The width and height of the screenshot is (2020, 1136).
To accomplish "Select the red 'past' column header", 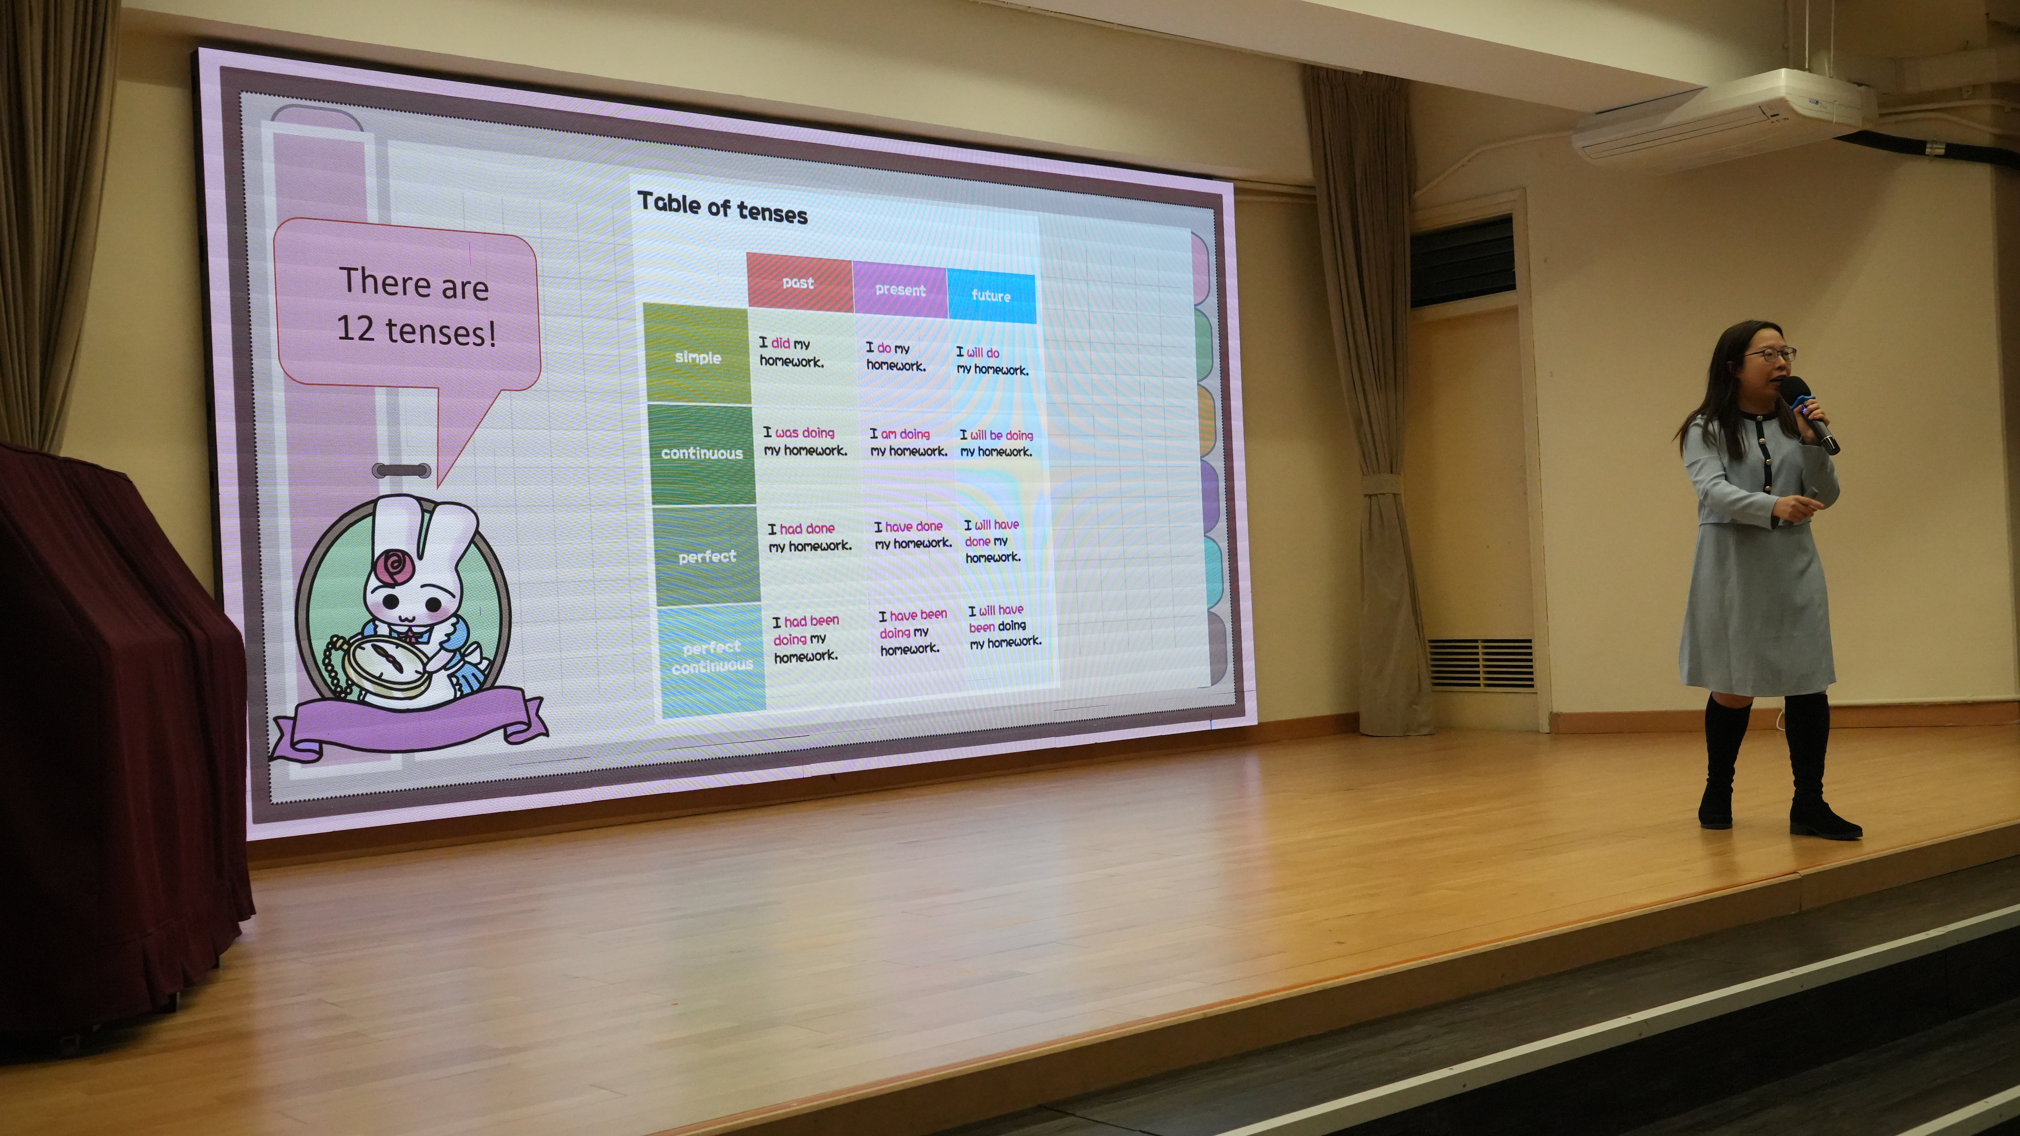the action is coord(799,280).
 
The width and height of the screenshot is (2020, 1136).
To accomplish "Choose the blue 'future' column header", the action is coord(991,295).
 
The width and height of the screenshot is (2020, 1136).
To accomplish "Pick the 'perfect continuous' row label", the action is coord(711,657).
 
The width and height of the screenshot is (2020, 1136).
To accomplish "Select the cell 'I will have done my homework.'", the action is coord(992,541).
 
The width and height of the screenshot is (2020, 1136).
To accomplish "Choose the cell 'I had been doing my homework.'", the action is coord(805,639).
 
